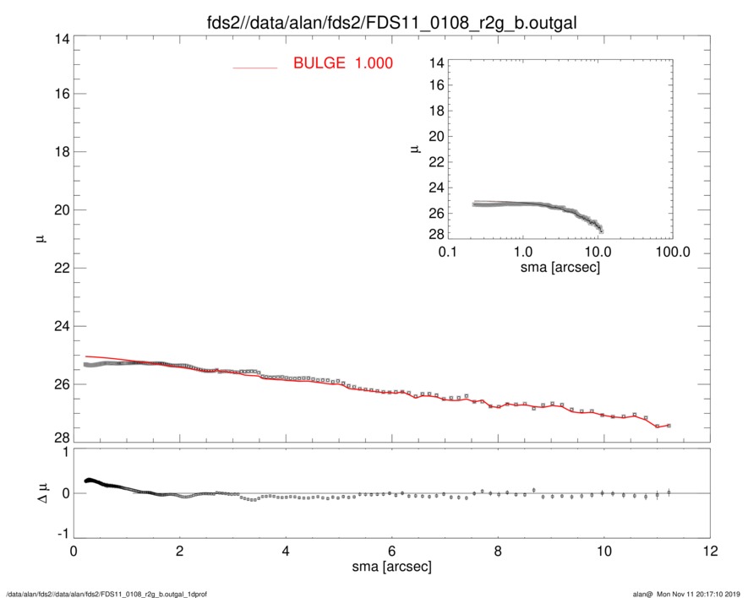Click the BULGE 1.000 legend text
pos(342,63)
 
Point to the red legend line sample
pos(254,67)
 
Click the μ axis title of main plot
pos(40,239)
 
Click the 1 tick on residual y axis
pos(63,453)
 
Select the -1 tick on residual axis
pos(60,535)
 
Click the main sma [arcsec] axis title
pos(391,568)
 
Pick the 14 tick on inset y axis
pos(436,63)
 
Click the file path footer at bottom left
pos(106,593)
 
